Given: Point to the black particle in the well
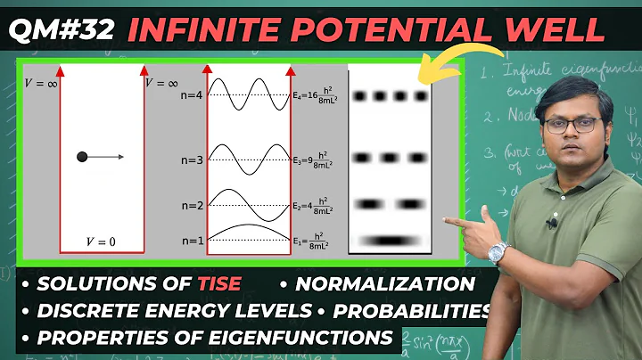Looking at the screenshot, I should coord(82,158).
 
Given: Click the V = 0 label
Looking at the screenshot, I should coord(102,241).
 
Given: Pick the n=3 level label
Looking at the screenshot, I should coord(192,160).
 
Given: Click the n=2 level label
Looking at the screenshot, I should coord(192,206).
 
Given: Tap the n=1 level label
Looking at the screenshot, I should coord(192,241).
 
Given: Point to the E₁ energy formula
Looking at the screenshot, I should coord(317,241).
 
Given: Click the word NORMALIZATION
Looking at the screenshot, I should coord(385,285).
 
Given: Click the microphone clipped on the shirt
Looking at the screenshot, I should coord(552,224).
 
